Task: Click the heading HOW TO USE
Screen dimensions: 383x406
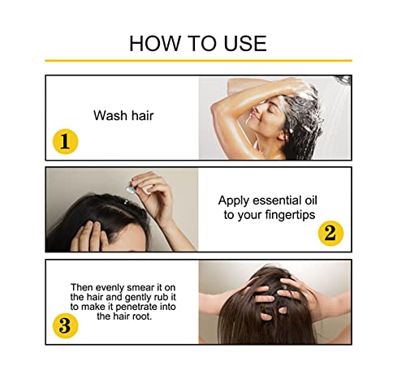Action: [x=198, y=43]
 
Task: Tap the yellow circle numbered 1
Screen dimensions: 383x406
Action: [x=65, y=141]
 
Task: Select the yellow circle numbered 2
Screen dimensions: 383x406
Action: [x=330, y=233]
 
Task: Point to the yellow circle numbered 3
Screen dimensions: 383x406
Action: [x=65, y=326]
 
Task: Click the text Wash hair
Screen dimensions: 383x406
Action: [x=123, y=115]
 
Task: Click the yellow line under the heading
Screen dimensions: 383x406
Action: [x=198, y=60]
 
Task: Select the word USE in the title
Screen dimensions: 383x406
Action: [x=240, y=43]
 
